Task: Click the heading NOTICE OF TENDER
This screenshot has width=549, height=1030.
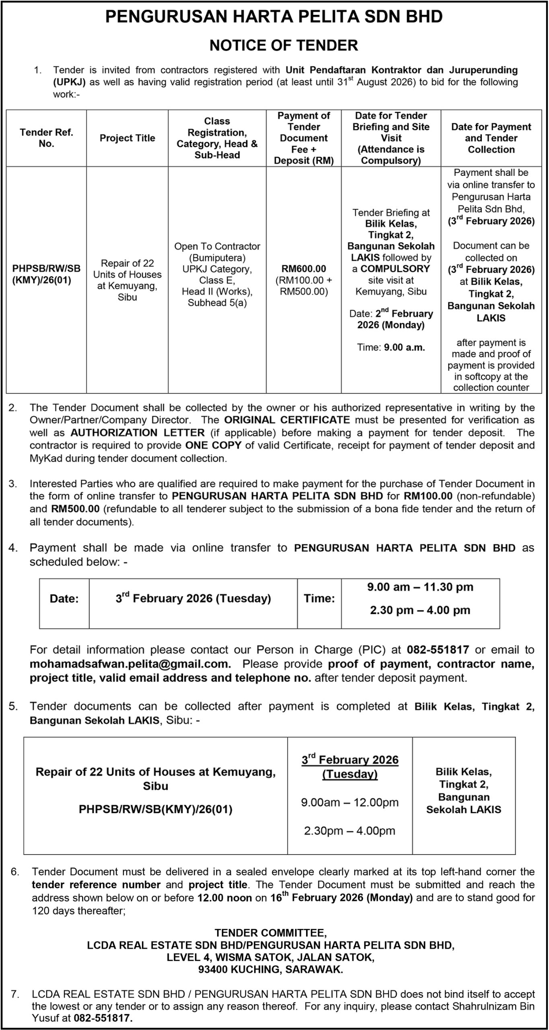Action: pos(284,45)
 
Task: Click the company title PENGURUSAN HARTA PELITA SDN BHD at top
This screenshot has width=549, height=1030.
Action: pos(274,17)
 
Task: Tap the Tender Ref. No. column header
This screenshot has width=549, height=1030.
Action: pos(47,138)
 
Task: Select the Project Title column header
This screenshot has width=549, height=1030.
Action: pos(127,138)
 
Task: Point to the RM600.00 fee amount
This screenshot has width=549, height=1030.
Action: pos(304,269)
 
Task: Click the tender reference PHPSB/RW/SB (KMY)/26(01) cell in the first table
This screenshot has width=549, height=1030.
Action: pos(47,274)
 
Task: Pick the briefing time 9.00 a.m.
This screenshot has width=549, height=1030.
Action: pos(404,347)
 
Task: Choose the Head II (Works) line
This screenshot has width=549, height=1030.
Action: pos(217,291)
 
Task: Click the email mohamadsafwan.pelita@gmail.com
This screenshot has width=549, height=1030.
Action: pos(130,663)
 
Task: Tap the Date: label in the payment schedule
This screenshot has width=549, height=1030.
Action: pos(64,599)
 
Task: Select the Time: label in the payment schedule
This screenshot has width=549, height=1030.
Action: pos(319,598)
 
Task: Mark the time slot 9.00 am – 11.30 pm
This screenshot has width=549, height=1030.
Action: pos(420,587)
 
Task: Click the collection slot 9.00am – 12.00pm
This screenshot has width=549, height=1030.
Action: pos(350,802)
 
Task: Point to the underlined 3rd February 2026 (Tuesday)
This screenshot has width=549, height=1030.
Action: pos(350,767)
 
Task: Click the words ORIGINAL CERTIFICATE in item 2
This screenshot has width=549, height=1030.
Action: pos(287,420)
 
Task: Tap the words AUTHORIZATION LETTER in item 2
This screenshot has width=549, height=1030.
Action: pos(138,433)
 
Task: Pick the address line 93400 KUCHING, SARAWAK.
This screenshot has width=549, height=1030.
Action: pos(271,970)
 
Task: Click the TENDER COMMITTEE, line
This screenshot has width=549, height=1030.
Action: pos(271,933)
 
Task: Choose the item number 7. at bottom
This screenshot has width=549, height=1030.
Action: pos(15,994)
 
